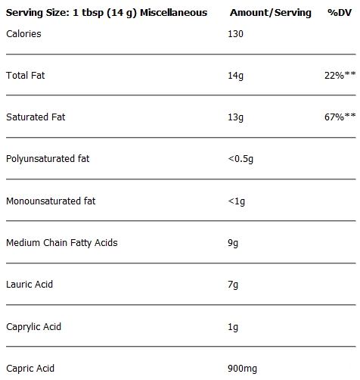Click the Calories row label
point(23,34)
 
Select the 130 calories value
point(235,34)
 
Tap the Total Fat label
point(26,75)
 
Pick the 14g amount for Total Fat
point(235,76)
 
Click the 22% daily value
point(340,75)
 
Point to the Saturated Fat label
point(36,117)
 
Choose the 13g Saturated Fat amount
point(235,117)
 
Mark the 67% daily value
point(340,117)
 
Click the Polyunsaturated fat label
point(48,159)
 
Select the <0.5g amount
point(241,159)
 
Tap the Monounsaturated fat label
point(51,201)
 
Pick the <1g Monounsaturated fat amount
point(237,201)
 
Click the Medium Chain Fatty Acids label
point(62,243)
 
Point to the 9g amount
point(233,243)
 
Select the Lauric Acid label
point(29,285)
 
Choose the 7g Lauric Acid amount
point(233,285)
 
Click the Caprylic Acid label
point(34,327)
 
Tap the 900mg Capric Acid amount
point(243,369)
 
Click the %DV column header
point(340,12)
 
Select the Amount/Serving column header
point(271,13)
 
